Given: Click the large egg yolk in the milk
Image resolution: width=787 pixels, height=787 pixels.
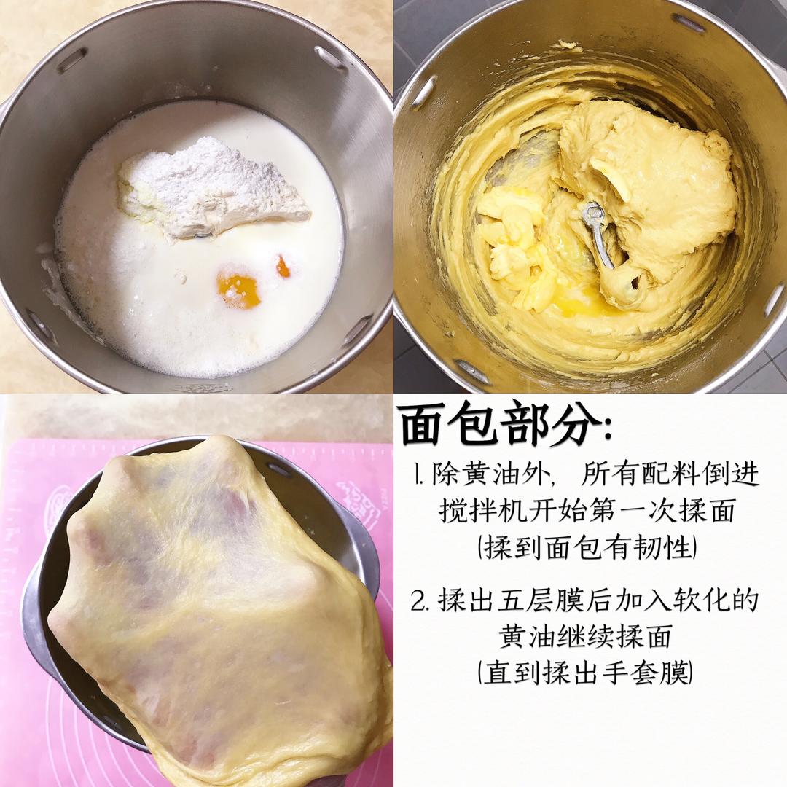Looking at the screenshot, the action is point(238,290).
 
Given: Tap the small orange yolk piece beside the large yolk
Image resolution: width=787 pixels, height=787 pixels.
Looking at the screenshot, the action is point(283,267).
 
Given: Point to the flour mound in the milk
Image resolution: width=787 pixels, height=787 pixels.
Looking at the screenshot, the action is point(211,188).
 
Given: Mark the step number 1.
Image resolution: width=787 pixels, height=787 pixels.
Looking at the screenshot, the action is point(417,475).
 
